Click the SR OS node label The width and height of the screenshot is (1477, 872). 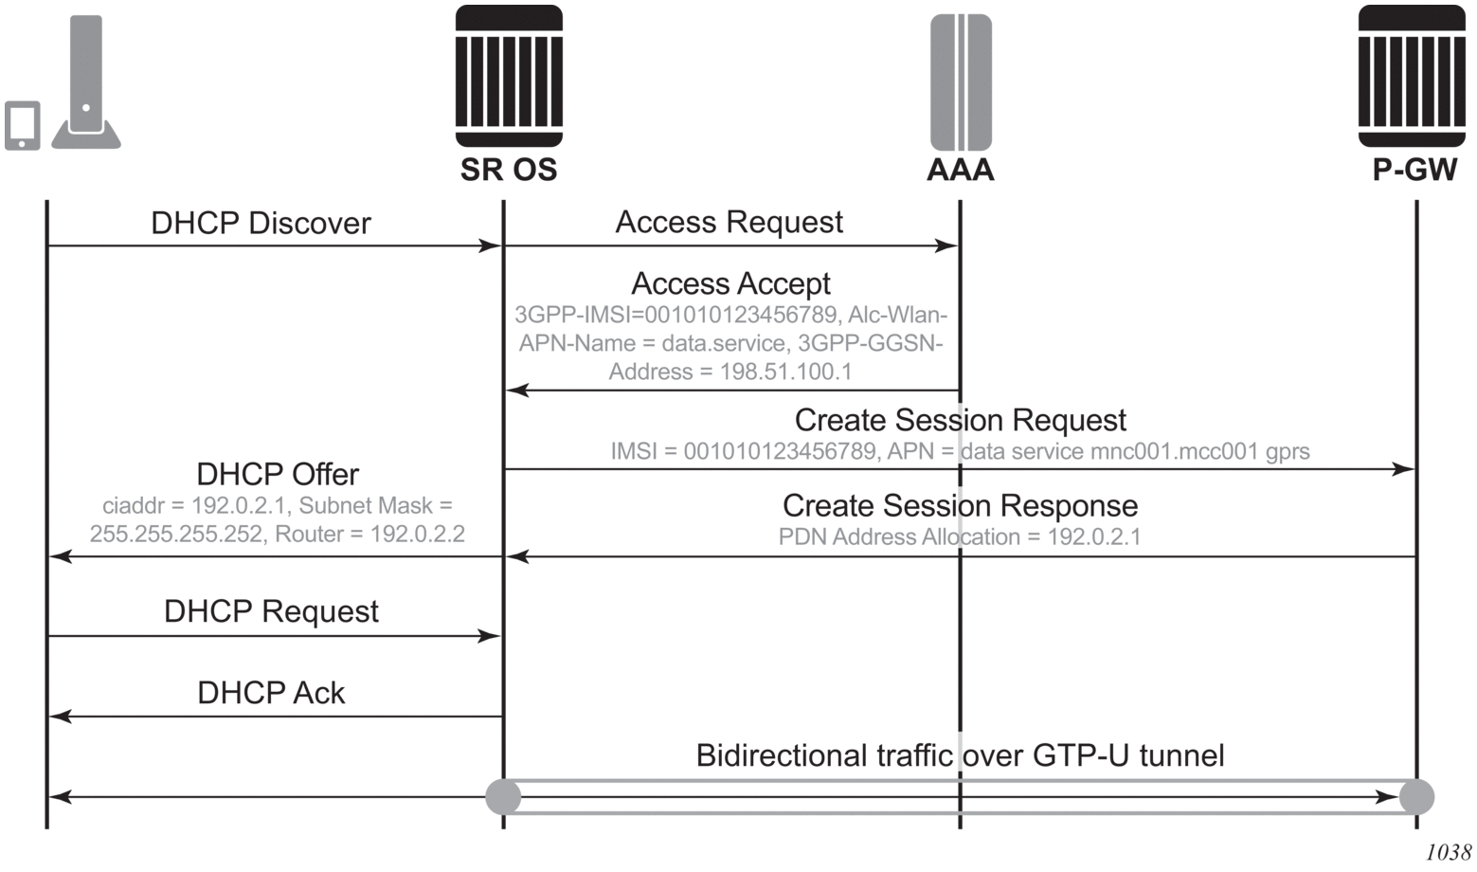click(509, 170)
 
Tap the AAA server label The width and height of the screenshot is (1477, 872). click(960, 170)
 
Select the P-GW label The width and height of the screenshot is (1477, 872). click(1414, 170)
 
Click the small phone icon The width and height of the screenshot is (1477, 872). click(22, 125)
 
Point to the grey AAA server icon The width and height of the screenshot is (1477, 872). click(961, 82)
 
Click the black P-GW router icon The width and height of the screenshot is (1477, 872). click(1412, 77)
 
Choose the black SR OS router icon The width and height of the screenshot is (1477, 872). click(509, 77)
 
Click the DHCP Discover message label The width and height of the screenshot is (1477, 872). click(261, 224)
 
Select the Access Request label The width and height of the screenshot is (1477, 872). click(729, 222)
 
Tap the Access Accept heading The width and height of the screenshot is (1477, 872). click(730, 283)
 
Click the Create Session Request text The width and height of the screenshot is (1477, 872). click(960, 420)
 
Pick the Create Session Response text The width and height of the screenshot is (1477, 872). click(960, 506)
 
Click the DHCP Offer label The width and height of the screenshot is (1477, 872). click(278, 474)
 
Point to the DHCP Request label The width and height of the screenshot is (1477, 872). click(271, 611)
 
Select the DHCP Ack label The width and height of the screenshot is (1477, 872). click(271, 693)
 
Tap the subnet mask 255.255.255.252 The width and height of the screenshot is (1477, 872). click(175, 535)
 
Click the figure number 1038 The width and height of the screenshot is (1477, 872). click(1448, 852)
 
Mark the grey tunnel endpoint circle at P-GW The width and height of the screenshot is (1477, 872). click(1416, 796)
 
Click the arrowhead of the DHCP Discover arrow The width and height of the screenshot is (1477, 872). click(491, 246)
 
